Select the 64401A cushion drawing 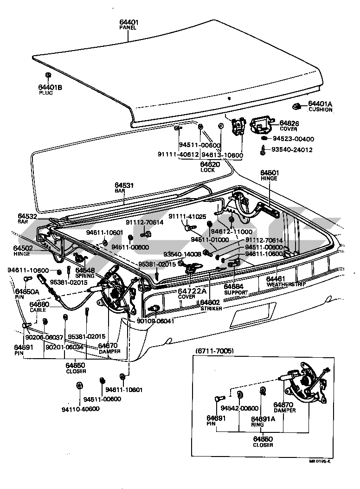(x=299, y=106)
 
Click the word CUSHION (x=321, y=110)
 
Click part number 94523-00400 (x=293, y=139)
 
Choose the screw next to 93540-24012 (x=263, y=150)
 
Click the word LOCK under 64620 (x=208, y=170)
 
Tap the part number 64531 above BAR (x=124, y=186)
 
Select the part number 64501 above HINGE (x=269, y=172)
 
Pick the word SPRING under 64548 (x=85, y=275)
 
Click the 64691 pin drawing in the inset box (x=219, y=398)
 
